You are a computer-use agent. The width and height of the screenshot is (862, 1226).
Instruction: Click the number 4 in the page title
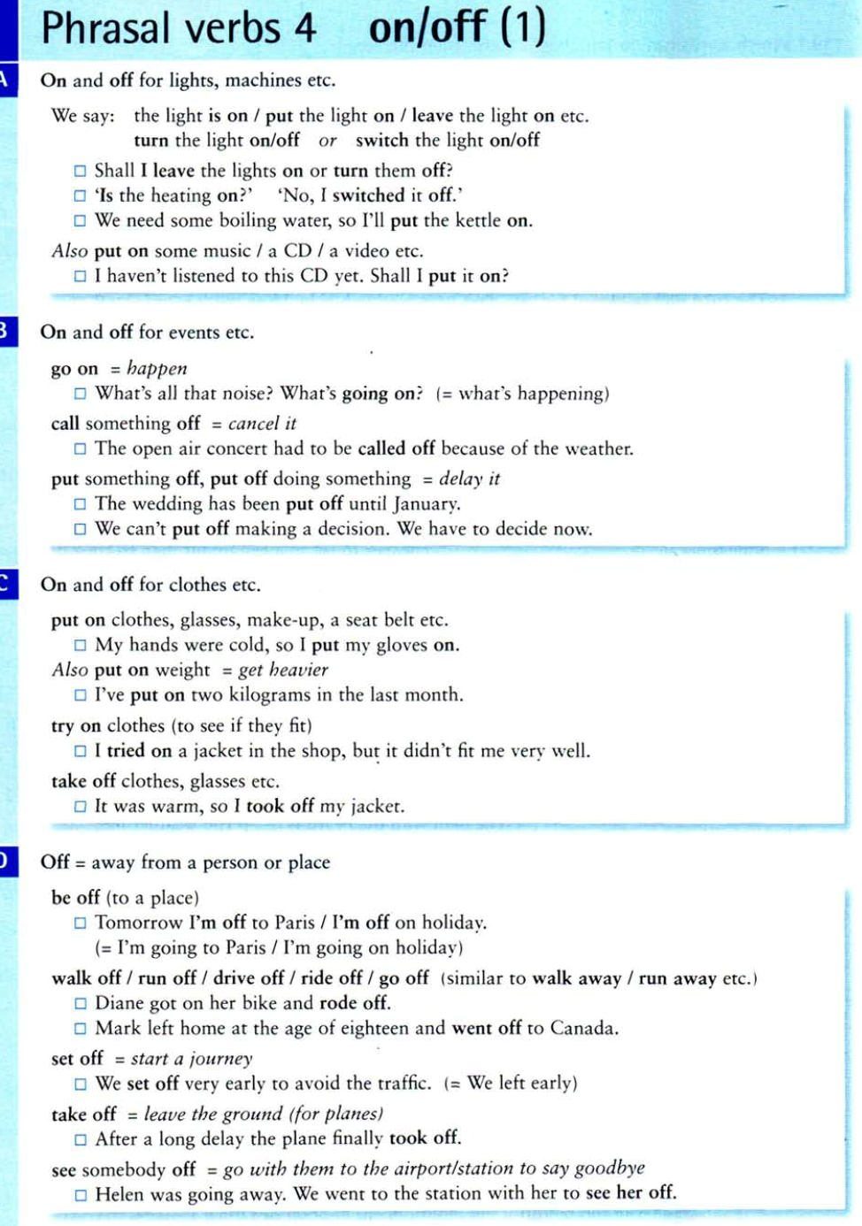click(x=304, y=27)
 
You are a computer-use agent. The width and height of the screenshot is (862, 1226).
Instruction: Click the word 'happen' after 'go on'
click(x=157, y=369)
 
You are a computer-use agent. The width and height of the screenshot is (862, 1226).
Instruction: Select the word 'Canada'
click(x=583, y=1028)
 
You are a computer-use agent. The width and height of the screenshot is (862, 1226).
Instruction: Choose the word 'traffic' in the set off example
click(x=396, y=1084)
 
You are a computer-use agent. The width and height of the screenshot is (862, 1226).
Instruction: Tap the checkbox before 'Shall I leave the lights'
click(x=81, y=171)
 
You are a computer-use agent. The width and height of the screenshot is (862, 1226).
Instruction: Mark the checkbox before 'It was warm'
click(x=81, y=807)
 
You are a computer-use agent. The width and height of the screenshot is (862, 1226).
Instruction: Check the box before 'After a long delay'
click(x=81, y=1139)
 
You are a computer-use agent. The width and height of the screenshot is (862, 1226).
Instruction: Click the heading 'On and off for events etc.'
click(x=147, y=333)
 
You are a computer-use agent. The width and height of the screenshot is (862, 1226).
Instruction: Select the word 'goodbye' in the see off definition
click(x=610, y=1169)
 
